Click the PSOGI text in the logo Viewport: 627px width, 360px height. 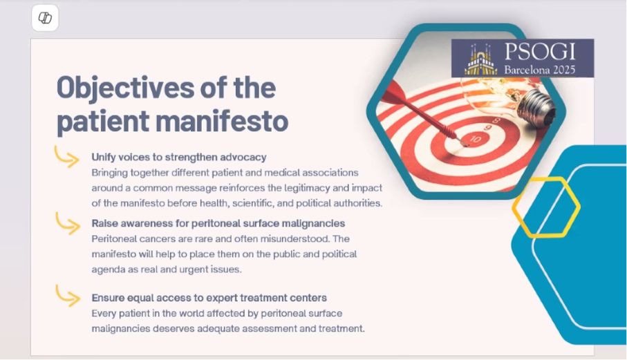click(x=540, y=52)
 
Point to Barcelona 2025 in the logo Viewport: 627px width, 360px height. click(x=539, y=70)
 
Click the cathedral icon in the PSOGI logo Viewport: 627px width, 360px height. click(x=480, y=59)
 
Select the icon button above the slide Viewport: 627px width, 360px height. click(x=45, y=18)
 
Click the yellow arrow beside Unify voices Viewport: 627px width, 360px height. click(x=67, y=157)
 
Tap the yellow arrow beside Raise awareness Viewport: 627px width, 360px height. click(x=68, y=223)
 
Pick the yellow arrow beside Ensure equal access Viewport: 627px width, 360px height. click(x=68, y=296)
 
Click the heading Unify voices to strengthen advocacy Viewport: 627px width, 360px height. click(x=179, y=157)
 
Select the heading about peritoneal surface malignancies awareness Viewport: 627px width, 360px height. click(x=218, y=223)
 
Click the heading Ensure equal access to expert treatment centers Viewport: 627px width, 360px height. click(x=209, y=298)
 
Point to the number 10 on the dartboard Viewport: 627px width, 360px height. click(x=476, y=140)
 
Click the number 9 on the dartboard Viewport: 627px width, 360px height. click(x=488, y=128)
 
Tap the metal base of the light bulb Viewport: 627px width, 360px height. click(x=536, y=107)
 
